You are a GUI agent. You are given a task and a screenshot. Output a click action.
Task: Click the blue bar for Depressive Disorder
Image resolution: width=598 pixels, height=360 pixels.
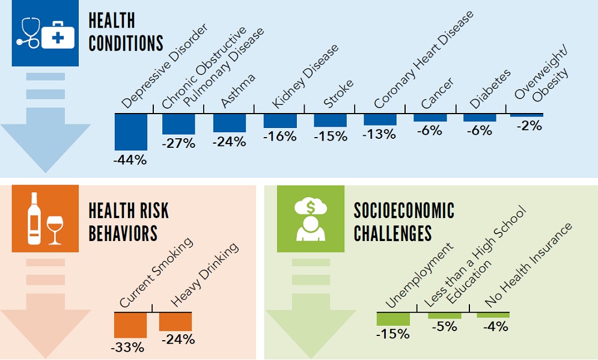pos(131,132)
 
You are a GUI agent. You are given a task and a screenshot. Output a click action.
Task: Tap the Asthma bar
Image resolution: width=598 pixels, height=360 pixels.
pos(229,123)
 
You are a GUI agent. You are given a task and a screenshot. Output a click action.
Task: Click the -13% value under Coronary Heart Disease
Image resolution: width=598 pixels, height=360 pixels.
pos(379,135)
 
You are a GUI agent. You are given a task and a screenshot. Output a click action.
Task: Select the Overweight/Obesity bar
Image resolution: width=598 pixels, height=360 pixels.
pos(526,115)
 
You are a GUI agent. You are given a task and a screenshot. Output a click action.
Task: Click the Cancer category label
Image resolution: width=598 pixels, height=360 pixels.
pos(437,93)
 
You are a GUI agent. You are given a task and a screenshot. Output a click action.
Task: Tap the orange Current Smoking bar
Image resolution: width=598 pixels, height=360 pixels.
pos(130,325)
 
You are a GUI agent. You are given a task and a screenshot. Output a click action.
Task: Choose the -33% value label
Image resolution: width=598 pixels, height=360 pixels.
pos(127,347)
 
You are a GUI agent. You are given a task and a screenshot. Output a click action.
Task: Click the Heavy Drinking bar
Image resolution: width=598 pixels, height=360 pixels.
pos(175,322)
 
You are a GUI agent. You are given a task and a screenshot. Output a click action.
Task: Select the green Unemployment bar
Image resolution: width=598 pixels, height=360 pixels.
pos(392,319)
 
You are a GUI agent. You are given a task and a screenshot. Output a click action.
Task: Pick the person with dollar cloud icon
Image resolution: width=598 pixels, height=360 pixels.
pos(310,218)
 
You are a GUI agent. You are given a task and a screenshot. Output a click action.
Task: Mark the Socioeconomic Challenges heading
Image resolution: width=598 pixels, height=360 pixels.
pos(404,222)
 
